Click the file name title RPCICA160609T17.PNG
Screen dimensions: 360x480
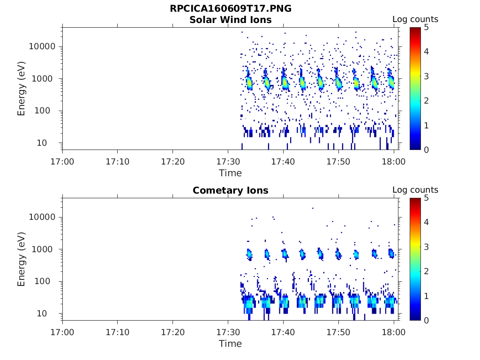pos(230,9)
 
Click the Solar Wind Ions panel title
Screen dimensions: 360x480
pos(230,20)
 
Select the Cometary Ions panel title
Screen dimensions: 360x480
pos(230,190)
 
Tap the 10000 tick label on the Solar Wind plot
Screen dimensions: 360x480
pos(42,46)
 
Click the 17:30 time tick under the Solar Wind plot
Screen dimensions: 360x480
pos(228,162)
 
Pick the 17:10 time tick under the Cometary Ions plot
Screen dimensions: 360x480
pos(117,332)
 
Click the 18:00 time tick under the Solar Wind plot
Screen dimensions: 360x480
pos(394,162)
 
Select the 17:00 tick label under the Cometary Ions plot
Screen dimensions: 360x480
pos(62,332)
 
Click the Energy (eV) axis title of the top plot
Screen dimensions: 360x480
pos(22,88)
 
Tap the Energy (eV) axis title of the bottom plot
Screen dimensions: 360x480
pos(22,259)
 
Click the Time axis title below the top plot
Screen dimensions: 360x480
pos(230,173)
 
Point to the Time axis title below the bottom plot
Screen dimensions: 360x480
pos(230,344)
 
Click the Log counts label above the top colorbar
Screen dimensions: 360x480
pos(415,19)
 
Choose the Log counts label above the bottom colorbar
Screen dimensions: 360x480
pos(415,190)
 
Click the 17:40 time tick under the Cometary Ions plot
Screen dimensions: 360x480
pos(283,332)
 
